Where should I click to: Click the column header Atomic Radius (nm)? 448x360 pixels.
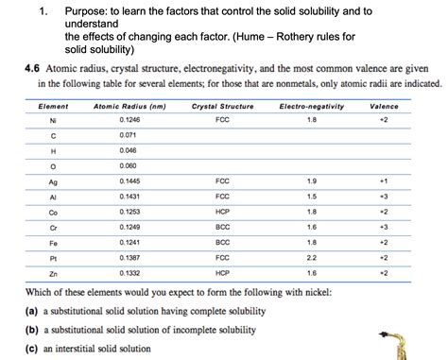[x=129, y=107]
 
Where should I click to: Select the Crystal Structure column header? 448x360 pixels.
[x=222, y=107]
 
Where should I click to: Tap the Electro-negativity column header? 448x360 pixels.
[x=312, y=107]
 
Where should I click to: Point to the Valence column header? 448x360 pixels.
[x=384, y=107]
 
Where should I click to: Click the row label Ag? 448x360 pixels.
[x=53, y=180]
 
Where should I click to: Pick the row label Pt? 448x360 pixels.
[x=53, y=257]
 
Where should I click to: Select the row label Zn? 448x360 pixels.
[x=53, y=273]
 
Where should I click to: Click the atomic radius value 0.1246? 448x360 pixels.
[x=129, y=121]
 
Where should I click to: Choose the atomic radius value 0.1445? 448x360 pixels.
[x=129, y=180]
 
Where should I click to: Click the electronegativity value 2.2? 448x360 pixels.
[x=312, y=257]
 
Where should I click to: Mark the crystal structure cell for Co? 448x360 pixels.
[x=222, y=212]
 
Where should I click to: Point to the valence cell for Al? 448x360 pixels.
[x=384, y=196]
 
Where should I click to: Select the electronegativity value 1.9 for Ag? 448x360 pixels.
[x=312, y=180]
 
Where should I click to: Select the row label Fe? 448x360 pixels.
[x=53, y=242]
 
